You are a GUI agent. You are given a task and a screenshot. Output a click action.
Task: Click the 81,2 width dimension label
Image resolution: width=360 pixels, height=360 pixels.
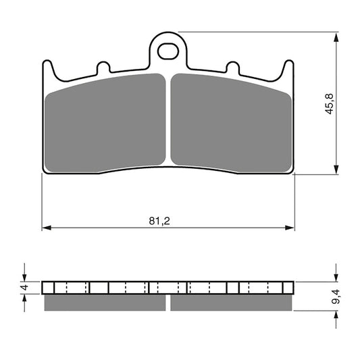(159, 221)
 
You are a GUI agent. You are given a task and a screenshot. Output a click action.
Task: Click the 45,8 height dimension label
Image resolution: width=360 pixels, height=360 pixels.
(329, 104)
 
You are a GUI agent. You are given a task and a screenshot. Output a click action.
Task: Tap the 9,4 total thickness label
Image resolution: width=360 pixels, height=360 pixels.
(336, 297)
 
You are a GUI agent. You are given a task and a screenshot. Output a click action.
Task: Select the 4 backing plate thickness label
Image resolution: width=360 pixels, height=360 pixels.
(24, 287)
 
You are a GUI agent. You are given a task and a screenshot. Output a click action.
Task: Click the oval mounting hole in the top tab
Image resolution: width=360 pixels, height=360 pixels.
(168, 51)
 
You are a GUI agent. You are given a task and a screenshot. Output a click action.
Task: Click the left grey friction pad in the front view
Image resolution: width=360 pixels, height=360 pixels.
(105, 123)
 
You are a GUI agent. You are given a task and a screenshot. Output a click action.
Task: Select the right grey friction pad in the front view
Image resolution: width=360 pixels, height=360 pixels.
(231, 123)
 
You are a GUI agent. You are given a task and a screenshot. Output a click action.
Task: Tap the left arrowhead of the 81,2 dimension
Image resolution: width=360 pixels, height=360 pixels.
(47, 228)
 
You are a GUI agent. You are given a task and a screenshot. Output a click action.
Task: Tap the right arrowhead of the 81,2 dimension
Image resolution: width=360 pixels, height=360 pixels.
(290, 228)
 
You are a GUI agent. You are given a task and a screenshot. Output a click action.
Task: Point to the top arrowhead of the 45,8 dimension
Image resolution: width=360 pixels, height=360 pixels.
(336, 37)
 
